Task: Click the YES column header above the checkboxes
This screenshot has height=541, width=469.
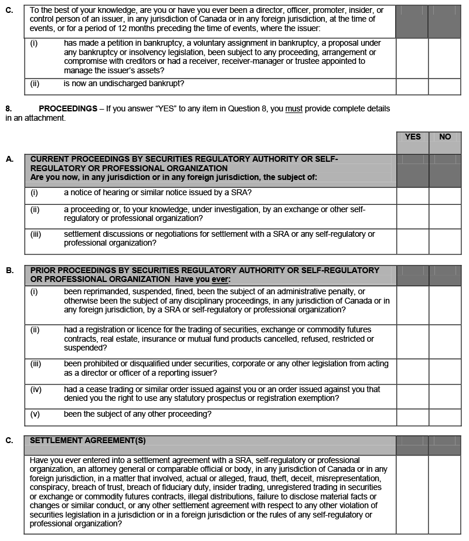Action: pyautogui.click(x=413, y=137)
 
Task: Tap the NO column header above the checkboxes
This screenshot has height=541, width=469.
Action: pyautogui.click(x=445, y=137)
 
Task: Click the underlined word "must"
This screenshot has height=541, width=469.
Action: pyautogui.click(x=294, y=109)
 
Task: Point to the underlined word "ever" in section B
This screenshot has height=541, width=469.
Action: pyautogui.click(x=220, y=279)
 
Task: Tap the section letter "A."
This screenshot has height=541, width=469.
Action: pyautogui.click(x=9, y=159)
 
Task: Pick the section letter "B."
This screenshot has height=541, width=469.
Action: pyautogui.click(x=9, y=271)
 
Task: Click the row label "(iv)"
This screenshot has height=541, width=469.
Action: pyautogui.click(x=36, y=389)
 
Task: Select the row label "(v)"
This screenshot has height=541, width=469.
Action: pyautogui.click(x=35, y=414)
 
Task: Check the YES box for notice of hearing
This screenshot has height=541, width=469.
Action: pyautogui.click(x=413, y=195)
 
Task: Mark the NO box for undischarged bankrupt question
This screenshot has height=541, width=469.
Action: pyautogui.click(x=445, y=86)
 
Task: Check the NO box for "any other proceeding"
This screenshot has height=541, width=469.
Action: pyautogui.click(x=445, y=417)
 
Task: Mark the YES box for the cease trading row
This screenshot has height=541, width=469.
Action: pyautogui.click(x=413, y=396)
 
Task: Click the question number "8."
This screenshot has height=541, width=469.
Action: pyautogui.click(x=9, y=109)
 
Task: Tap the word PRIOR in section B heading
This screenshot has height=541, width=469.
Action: pyautogui.click(x=43, y=270)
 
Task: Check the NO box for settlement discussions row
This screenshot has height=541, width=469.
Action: pyautogui.click(x=445, y=241)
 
